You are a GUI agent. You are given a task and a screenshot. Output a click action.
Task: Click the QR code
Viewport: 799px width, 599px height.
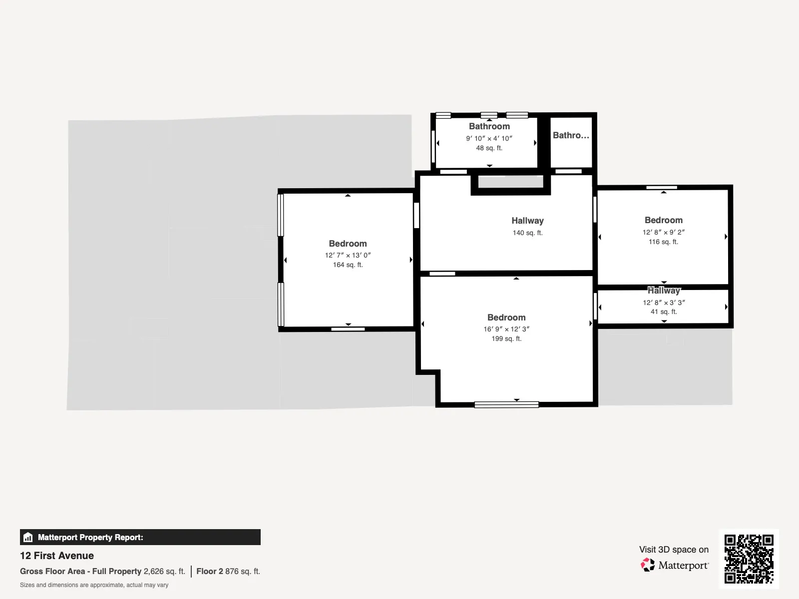click(749, 559)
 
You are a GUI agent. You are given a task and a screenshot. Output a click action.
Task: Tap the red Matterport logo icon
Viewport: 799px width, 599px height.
click(648, 565)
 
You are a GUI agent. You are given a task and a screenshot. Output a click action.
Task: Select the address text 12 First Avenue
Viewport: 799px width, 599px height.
click(57, 556)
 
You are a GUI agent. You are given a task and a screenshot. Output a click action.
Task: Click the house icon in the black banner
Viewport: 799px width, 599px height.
click(28, 537)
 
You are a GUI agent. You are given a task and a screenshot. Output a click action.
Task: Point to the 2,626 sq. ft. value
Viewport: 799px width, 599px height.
click(164, 572)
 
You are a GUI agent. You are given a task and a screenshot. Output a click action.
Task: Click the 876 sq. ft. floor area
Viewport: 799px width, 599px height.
click(242, 572)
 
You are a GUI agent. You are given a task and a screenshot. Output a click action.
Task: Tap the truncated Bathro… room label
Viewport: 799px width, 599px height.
click(571, 135)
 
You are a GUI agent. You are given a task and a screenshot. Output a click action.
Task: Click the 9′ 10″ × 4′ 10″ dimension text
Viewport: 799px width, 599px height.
click(489, 138)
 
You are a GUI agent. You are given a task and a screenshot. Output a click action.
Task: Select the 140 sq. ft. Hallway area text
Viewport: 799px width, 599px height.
click(527, 233)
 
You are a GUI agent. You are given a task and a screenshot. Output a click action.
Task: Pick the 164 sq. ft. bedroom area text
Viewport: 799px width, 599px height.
click(348, 265)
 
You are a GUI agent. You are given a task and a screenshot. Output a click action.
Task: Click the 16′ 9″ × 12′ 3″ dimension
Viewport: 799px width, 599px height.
click(506, 329)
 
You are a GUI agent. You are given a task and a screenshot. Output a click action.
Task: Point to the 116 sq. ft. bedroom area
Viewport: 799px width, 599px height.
click(663, 242)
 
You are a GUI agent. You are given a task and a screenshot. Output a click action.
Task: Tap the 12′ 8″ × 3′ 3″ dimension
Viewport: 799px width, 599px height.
click(664, 302)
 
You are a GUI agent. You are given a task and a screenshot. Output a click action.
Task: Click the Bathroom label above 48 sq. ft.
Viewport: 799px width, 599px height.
click(489, 126)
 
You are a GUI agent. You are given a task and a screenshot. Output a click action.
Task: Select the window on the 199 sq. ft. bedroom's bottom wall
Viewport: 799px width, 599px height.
click(506, 404)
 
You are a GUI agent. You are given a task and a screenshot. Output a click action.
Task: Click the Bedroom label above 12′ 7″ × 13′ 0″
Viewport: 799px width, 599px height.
click(348, 243)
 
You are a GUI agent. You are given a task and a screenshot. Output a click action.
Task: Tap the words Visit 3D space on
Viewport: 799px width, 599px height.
click(674, 550)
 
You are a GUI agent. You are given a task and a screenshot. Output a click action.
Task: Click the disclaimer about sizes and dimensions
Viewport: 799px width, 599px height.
click(94, 585)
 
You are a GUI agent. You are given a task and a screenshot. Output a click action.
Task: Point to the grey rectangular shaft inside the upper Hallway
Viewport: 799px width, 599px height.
click(511, 182)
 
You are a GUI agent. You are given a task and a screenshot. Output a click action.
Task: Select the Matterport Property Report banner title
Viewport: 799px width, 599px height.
click(90, 537)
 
